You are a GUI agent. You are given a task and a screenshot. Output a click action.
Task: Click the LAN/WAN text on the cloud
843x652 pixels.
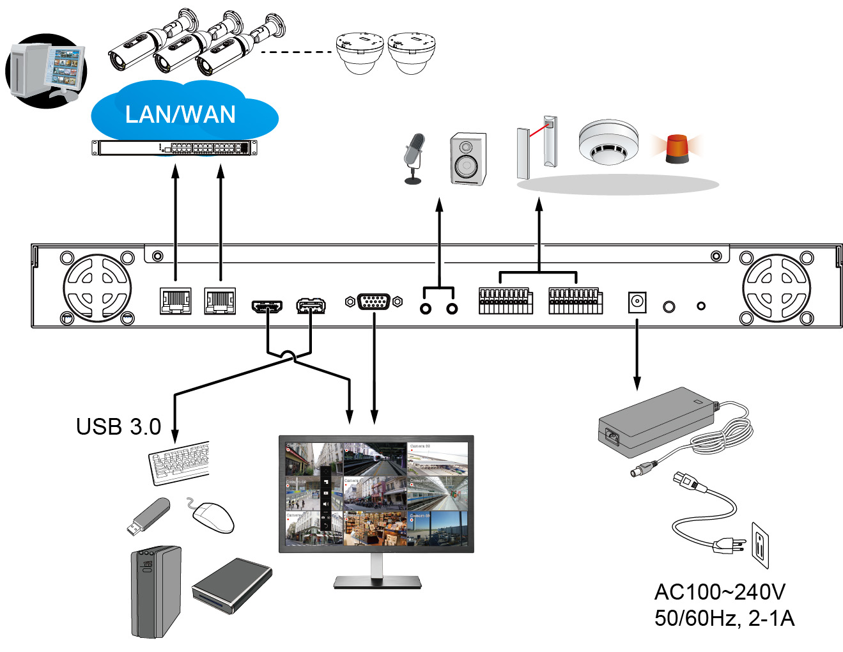180,114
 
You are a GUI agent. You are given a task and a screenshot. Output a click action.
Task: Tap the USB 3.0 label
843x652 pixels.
118,426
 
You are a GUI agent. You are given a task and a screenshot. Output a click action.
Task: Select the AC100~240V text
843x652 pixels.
720,592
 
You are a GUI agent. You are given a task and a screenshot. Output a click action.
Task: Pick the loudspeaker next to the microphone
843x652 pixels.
468,159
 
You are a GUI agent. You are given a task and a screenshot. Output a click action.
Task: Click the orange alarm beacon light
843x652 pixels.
677,148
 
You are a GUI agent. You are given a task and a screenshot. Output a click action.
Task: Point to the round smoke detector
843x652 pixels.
608,142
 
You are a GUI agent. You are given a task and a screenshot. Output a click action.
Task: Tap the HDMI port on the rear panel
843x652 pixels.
267,306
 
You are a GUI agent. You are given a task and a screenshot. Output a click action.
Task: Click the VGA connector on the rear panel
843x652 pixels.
374,302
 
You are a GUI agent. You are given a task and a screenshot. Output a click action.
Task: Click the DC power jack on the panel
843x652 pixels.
637,302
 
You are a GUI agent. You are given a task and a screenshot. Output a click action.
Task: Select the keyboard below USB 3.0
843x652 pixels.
180,462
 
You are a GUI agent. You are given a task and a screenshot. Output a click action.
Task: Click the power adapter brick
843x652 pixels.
656,421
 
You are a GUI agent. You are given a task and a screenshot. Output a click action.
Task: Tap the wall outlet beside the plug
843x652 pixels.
760,545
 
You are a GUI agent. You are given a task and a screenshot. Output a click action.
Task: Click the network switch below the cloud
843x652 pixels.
174,148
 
